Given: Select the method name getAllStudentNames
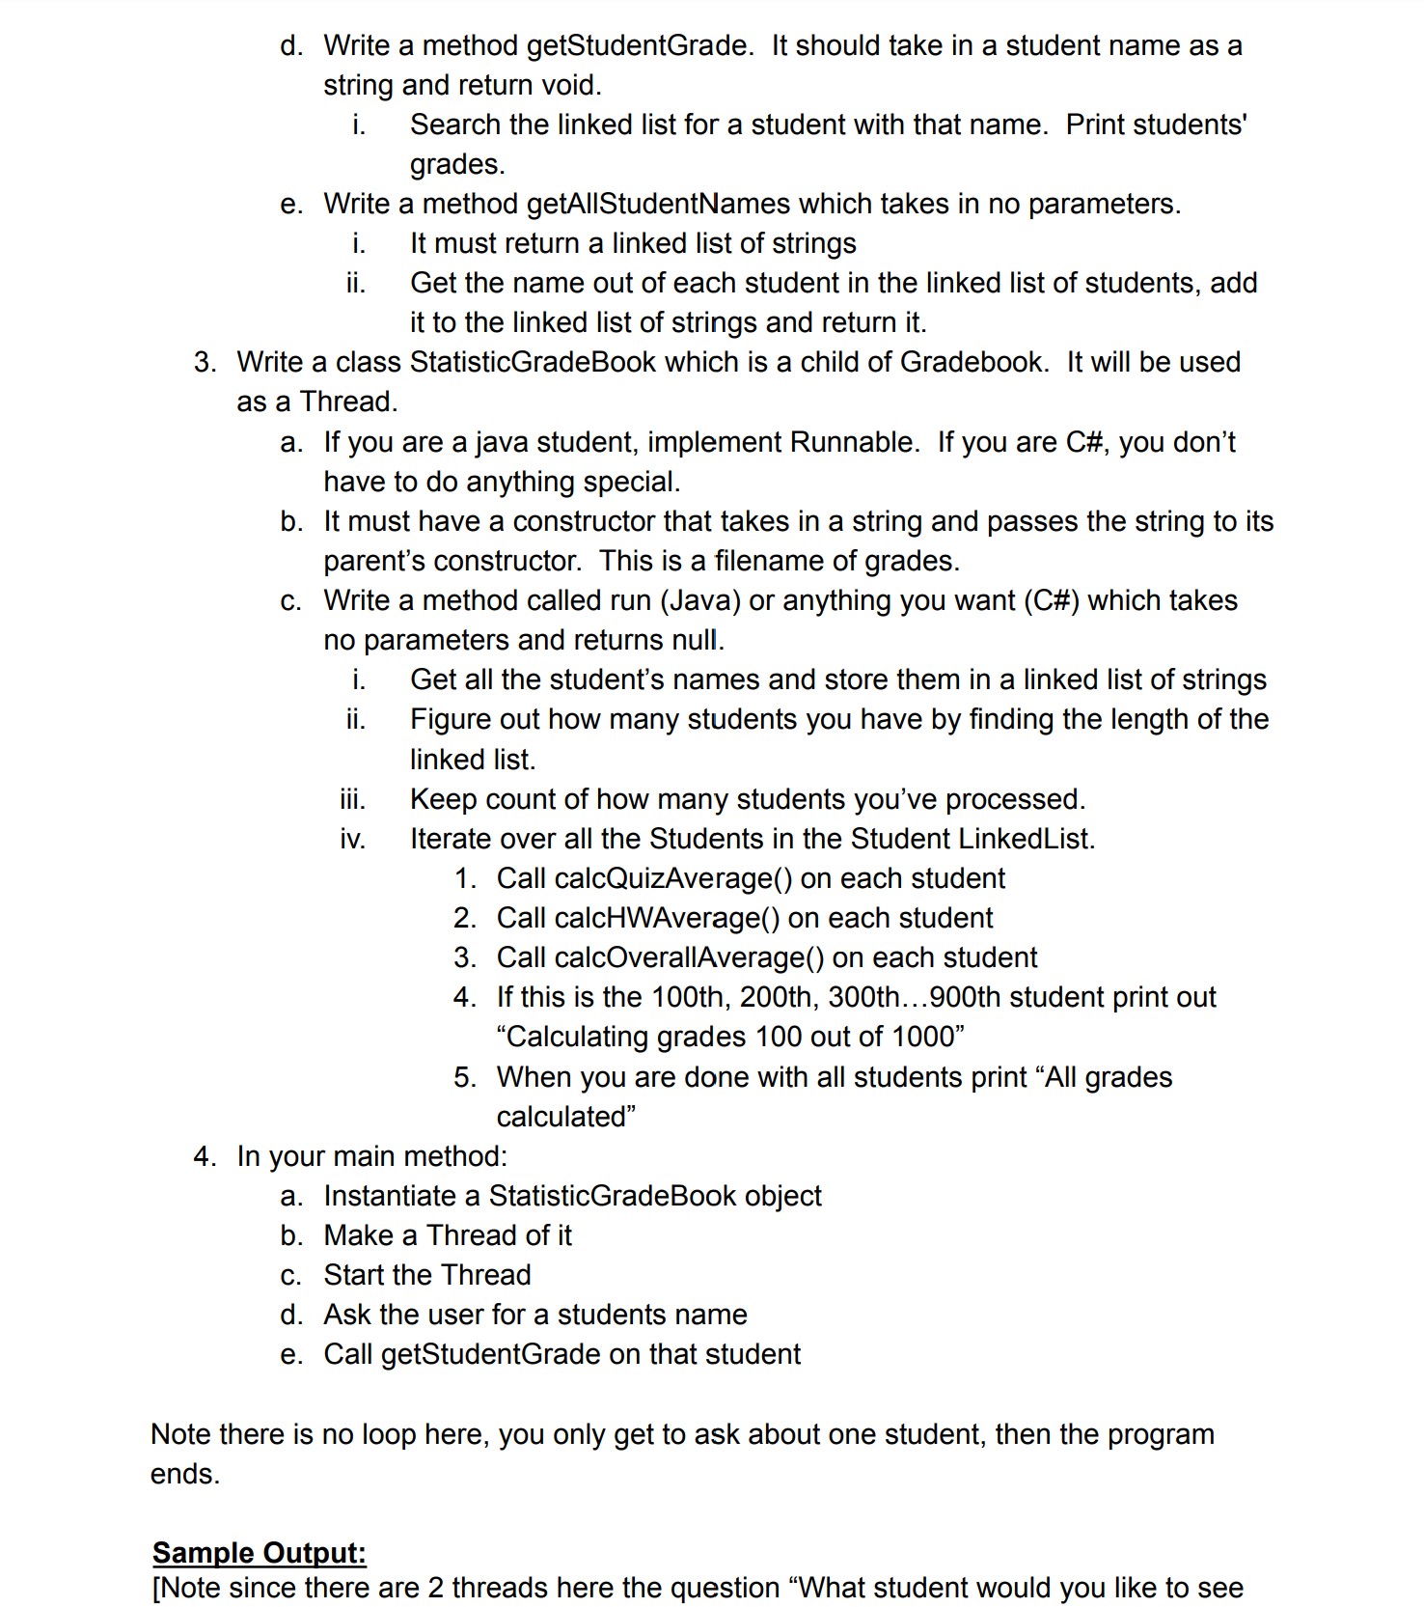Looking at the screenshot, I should pos(659,204).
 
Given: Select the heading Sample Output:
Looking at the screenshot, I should pos(260,1553).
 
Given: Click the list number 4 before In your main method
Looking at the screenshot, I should pos(204,1156).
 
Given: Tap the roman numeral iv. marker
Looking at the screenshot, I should pos(352,839).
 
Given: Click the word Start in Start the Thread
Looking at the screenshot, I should pos(357,1275).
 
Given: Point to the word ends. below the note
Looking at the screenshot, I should pos(185,1474).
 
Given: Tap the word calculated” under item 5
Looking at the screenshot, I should pos(565,1117).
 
